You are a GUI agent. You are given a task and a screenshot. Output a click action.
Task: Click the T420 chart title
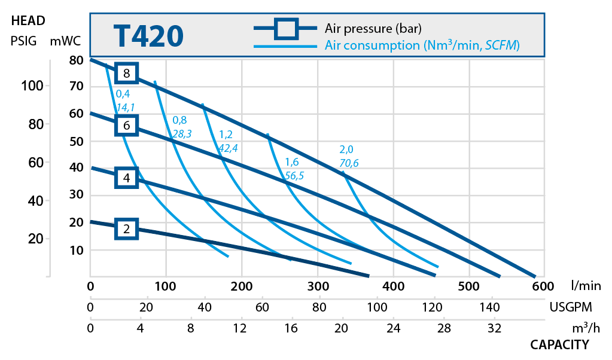coord(148,36)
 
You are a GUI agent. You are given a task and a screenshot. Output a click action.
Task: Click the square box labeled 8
coord(127,73)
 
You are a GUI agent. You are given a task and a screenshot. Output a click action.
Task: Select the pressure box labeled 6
coord(127,126)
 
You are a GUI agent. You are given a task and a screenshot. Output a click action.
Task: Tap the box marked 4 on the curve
coord(127,178)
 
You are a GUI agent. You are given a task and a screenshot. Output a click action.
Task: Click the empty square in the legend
coord(286,28)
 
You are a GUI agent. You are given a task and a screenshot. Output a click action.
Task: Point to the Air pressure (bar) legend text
coord(373,28)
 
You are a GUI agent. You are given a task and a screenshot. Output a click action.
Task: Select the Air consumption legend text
coord(422,45)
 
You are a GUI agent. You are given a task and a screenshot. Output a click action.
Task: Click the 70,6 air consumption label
coord(349,163)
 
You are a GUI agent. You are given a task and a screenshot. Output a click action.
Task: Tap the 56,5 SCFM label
coord(294,175)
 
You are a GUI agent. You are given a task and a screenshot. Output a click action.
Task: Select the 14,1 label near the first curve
coord(125,108)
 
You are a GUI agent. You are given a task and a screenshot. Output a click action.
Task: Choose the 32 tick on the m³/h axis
coord(494,328)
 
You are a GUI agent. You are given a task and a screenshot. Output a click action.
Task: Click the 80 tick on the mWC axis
coord(75,60)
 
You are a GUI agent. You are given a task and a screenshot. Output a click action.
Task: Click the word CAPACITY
coord(559,344)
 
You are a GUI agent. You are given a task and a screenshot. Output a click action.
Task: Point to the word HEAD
coord(28,20)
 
